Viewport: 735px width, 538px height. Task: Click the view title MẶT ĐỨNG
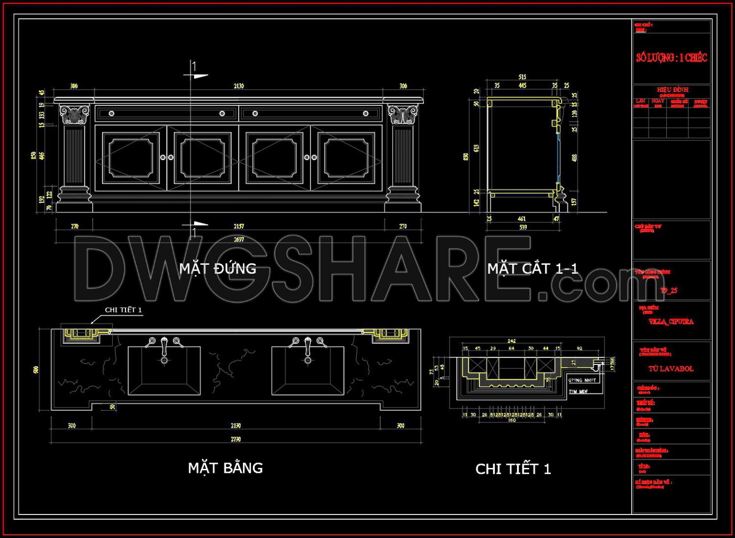[218, 268]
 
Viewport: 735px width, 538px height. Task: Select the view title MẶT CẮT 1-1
[533, 268]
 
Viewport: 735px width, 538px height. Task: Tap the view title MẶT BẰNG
[225, 468]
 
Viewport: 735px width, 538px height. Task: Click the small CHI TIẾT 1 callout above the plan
[123, 310]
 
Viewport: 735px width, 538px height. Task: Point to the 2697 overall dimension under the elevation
[239, 239]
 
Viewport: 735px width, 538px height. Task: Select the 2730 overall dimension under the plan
[236, 439]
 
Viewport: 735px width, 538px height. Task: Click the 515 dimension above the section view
[522, 77]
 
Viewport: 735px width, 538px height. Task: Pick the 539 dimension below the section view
[523, 227]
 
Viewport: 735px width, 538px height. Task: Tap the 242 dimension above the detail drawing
[512, 341]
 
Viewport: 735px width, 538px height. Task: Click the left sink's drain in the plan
[164, 360]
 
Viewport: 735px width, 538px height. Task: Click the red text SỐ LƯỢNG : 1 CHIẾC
[671, 58]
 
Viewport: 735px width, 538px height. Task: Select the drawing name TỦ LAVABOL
[671, 369]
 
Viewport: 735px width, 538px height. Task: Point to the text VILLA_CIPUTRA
[671, 322]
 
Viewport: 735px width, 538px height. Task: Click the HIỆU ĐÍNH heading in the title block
[672, 90]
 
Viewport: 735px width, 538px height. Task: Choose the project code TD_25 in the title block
[668, 290]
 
